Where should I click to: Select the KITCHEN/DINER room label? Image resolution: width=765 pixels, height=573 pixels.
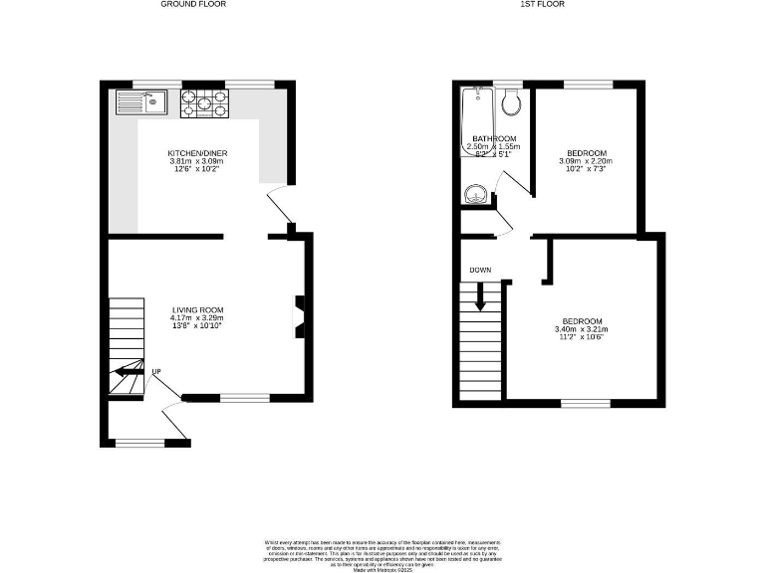click(x=196, y=152)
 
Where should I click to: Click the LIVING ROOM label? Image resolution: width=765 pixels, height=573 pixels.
click(x=196, y=309)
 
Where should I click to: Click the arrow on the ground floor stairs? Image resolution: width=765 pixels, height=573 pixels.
click(x=126, y=374)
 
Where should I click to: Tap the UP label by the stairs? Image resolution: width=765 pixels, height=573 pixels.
click(x=156, y=373)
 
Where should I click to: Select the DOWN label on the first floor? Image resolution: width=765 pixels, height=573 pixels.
click(x=479, y=270)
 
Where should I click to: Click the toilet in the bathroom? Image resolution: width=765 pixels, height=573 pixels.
click(x=512, y=100)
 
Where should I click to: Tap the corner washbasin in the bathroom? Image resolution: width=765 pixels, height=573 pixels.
click(x=473, y=195)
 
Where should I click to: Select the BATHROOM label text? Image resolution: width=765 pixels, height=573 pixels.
click(x=494, y=138)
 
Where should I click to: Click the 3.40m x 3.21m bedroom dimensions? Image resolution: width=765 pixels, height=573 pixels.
click(x=581, y=329)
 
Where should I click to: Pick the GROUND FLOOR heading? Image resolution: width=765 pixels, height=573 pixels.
click(x=193, y=5)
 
